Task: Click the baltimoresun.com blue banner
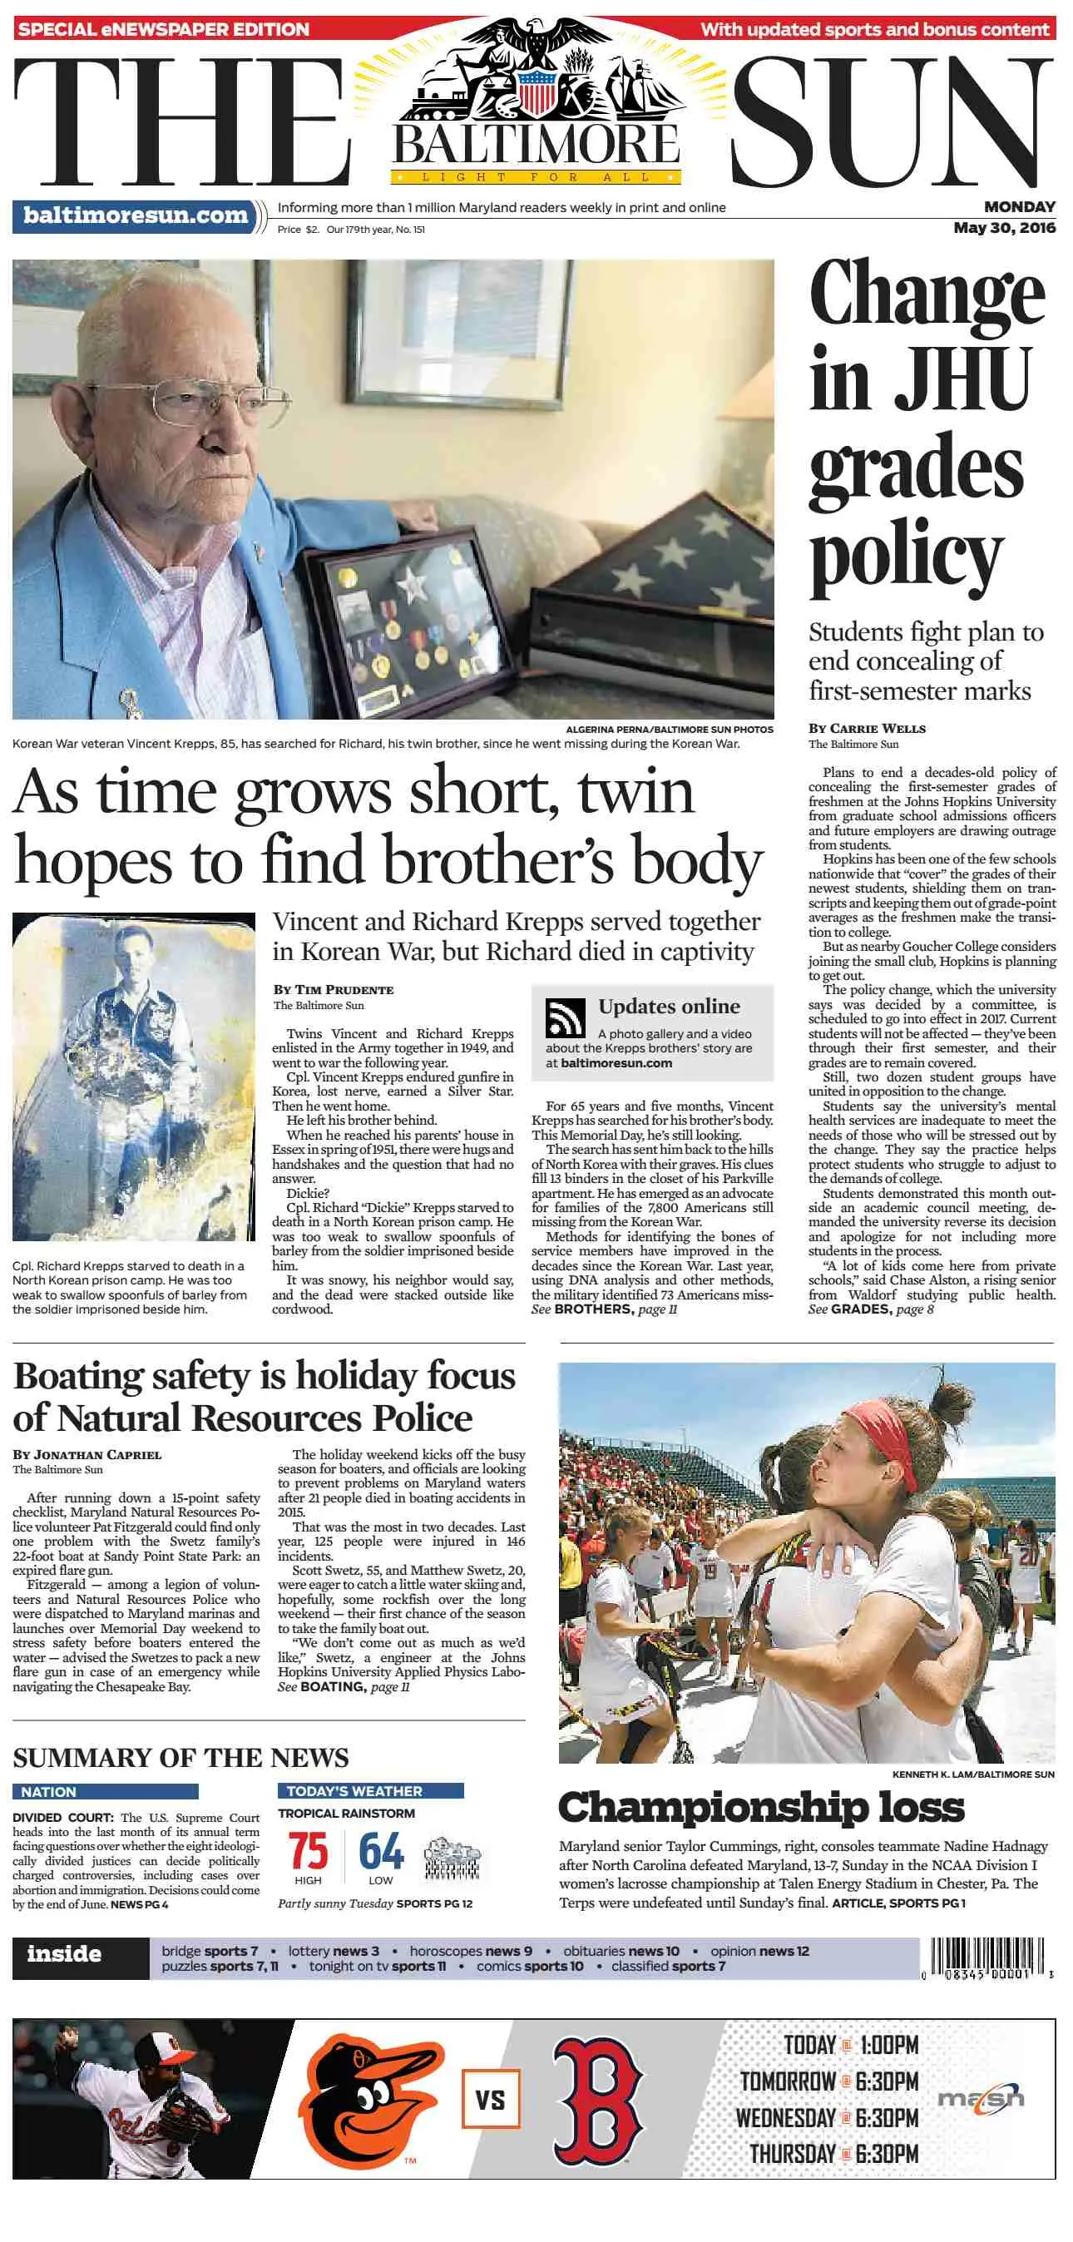pos(135,215)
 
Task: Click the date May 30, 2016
pos(1003,228)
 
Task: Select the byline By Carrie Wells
pos(867,729)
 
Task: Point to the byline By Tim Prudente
pos(334,990)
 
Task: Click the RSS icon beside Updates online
pos(565,1017)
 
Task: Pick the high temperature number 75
pos(308,1851)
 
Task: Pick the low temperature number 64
pos(381,1851)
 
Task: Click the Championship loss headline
pos(760,1808)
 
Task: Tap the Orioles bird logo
pos(370,2099)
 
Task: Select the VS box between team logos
pos(490,2099)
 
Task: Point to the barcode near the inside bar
pos(986,1958)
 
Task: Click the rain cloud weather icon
pos(452,1859)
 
